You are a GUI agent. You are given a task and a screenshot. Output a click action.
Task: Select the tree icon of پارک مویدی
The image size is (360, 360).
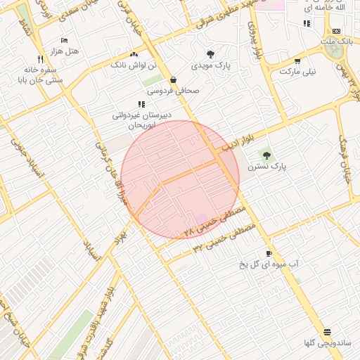click(x=210, y=54)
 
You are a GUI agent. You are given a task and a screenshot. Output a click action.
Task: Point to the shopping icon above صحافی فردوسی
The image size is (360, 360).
click(x=173, y=80)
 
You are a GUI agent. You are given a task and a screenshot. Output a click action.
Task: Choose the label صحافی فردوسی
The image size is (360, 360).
click(x=173, y=91)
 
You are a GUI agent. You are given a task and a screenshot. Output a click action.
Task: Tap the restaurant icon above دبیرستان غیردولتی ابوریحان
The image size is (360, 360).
click(x=141, y=104)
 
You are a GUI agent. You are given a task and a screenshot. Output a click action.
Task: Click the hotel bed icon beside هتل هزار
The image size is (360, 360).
click(x=64, y=41)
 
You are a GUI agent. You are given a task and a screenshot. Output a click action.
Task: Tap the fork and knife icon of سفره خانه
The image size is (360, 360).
click(x=40, y=59)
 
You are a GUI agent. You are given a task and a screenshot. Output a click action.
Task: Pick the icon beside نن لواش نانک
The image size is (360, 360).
click(x=134, y=54)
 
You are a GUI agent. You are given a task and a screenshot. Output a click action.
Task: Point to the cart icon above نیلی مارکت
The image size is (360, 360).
click(x=297, y=61)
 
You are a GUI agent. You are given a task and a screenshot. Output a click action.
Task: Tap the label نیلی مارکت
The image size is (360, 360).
click(x=298, y=72)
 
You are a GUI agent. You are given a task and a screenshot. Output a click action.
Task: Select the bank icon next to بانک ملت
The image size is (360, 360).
click(x=336, y=31)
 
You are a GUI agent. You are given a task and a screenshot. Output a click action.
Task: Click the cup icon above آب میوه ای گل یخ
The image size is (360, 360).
click(x=269, y=253)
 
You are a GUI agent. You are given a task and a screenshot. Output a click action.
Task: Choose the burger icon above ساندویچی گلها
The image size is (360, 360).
click(x=327, y=332)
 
